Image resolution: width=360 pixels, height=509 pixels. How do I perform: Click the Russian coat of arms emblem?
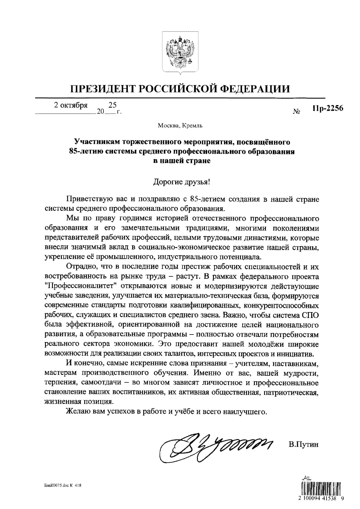click(180, 52)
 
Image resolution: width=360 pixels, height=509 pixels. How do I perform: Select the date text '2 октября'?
click(71, 105)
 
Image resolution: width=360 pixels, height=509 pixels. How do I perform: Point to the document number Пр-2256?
click(327, 108)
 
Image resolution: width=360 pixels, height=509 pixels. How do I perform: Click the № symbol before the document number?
click(297, 111)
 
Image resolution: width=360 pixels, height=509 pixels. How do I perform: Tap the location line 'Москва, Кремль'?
click(180, 126)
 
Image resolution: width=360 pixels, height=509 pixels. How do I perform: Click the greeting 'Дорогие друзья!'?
click(180, 182)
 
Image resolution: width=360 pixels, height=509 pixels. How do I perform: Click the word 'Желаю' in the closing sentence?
click(76, 412)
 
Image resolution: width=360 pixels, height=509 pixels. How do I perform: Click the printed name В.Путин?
click(303, 445)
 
